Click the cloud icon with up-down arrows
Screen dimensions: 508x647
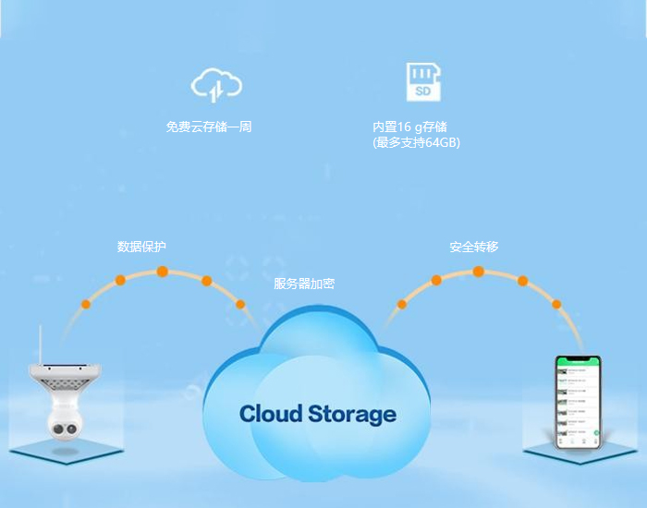tap(216, 85)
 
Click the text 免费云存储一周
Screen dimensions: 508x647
tap(209, 127)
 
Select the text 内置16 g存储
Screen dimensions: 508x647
tap(409, 127)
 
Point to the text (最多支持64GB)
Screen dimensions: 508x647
tap(416, 143)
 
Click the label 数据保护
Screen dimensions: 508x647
tap(142, 247)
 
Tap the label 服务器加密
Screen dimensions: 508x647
tap(304, 284)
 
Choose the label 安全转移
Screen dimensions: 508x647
tap(474, 247)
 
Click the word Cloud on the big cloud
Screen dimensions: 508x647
tap(270, 413)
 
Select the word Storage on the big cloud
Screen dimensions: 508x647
tap(351, 414)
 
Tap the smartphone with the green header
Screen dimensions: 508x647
tap(577, 403)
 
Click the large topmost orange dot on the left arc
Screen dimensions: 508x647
tap(163, 272)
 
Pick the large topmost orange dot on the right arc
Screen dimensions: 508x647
tap(478, 272)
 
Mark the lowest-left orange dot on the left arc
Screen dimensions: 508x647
tap(86, 304)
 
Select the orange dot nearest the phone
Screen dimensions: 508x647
tap(556, 304)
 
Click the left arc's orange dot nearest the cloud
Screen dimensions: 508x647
tap(240, 304)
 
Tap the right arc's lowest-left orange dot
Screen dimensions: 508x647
tap(401, 304)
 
